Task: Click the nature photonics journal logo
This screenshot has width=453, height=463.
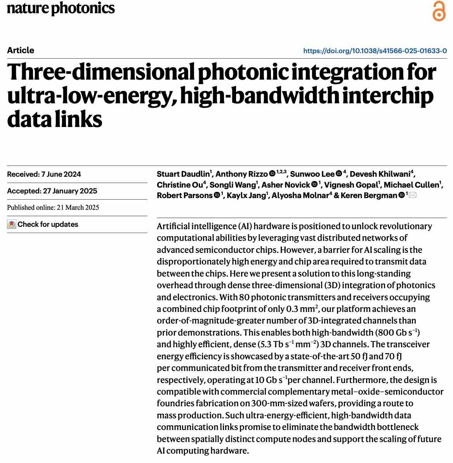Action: (61, 8)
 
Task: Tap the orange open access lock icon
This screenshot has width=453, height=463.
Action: (439, 11)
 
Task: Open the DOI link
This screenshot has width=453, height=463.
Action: (375, 51)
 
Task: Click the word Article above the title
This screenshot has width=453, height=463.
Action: (21, 50)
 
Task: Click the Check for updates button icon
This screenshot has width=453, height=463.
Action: (12, 225)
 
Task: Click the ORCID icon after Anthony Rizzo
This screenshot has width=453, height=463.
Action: (272, 174)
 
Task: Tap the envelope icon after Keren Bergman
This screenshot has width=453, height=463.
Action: (413, 195)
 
